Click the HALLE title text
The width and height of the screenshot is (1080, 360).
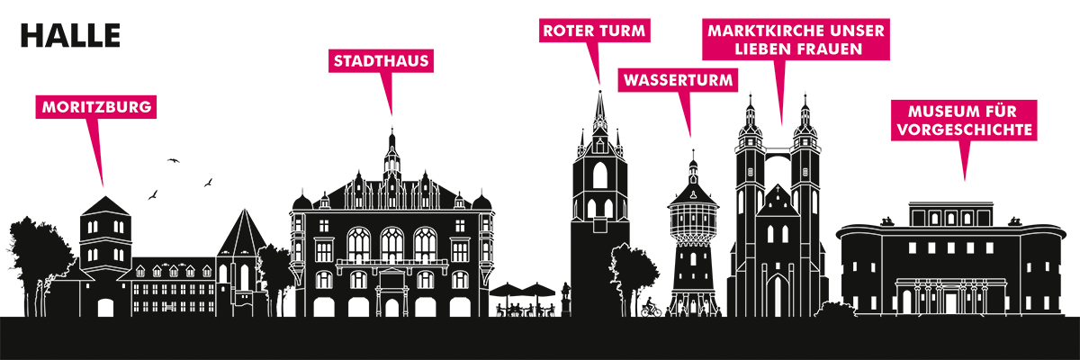pyautogui.click(x=70, y=36)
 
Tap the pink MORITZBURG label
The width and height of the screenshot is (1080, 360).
pyautogui.click(x=96, y=106)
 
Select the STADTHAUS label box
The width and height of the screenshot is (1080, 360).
pyautogui.click(x=381, y=60)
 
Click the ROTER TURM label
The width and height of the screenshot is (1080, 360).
pyautogui.click(x=594, y=31)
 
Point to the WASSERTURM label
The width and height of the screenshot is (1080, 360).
pyautogui.click(x=678, y=80)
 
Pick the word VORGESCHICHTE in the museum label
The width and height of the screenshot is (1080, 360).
pyautogui.click(x=965, y=130)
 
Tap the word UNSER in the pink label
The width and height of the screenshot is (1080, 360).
pyautogui.click(x=859, y=31)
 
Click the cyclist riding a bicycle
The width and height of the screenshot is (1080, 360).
pyautogui.click(x=651, y=307)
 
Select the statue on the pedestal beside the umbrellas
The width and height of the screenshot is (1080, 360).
pyautogui.click(x=566, y=299)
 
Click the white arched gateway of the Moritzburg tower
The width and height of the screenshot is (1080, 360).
pyautogui.click(x=105, y=308)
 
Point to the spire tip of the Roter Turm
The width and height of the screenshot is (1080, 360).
pyautogui.click(x=600, y=91)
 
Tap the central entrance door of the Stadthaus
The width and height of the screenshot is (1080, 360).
pyautogui.click(x=392, y=308)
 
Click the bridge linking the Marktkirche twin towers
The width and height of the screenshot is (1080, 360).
pyautogui.click(x=778, y=152)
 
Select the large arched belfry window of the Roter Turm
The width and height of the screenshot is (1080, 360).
pyautogui.click(x=600, y=175)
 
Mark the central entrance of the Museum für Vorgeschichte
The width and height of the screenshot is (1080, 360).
pyautogui.click(x=950, y=303)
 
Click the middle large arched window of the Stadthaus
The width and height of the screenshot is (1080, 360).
pyautogui.click(x=392, y=245)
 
